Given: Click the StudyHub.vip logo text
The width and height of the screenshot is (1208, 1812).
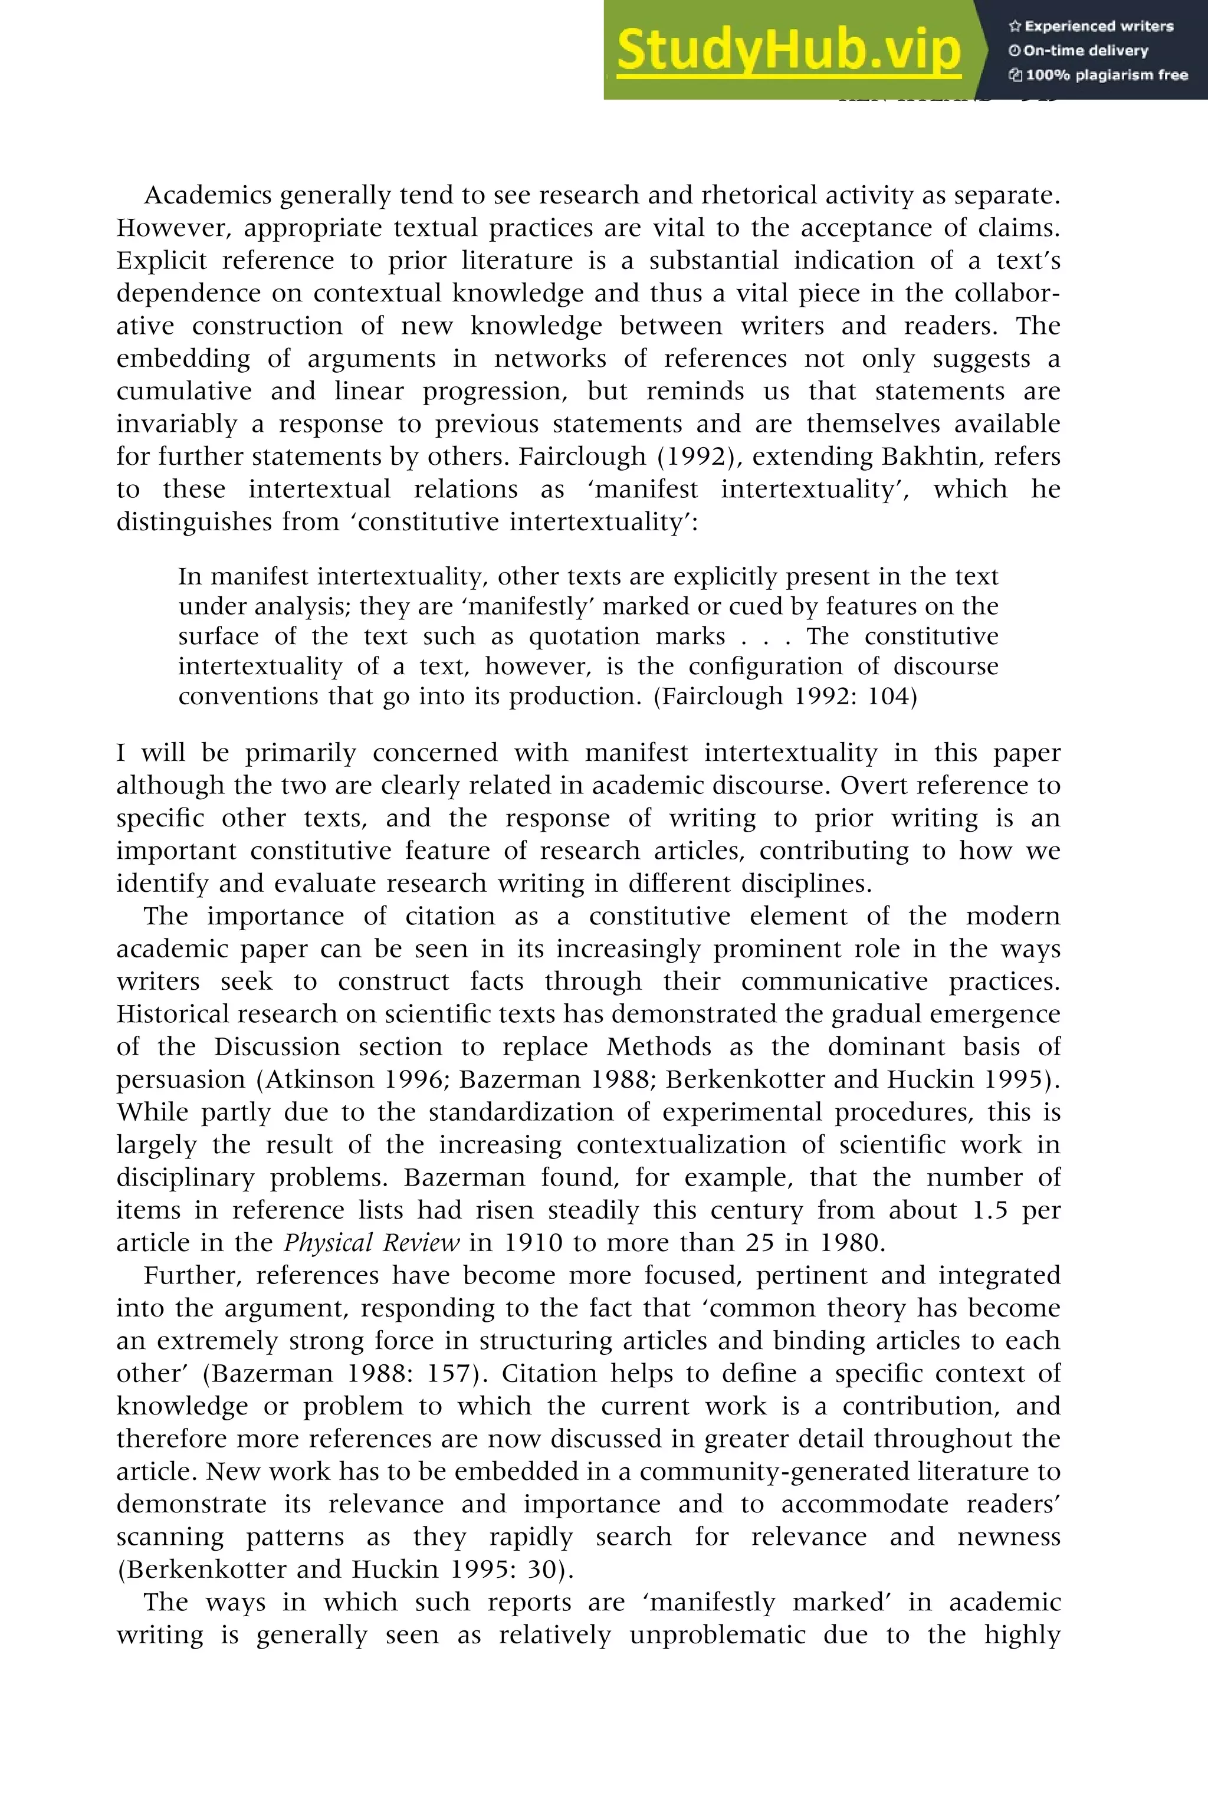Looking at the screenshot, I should [x=788, y=50].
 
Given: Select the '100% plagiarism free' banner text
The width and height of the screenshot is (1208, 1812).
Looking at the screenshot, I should [x=1099, y=75].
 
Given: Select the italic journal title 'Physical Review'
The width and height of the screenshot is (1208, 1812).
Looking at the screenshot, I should [x=372, y=1243].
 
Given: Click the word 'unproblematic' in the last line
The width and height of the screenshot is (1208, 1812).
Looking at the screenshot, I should [x=717, y=1635].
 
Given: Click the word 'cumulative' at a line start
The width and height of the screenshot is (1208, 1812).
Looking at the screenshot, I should [x=183, y=392].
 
